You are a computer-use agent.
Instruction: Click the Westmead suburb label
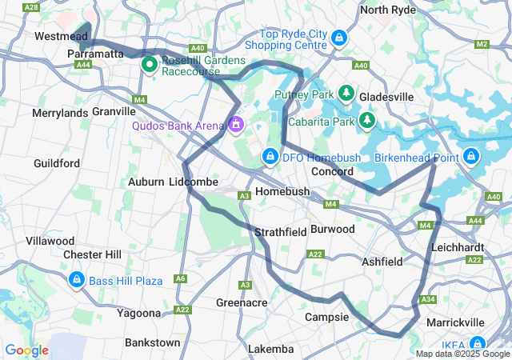62,37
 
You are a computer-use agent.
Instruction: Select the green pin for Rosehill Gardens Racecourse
149,64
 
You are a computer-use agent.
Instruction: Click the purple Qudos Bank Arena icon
236,126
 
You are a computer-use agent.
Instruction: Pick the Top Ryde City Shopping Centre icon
339,37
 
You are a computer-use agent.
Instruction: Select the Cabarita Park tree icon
366,121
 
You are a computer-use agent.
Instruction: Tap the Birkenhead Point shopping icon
471,155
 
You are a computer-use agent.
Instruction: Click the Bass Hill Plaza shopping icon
77,280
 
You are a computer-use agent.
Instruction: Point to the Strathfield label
280,232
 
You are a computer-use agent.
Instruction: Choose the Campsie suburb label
327,317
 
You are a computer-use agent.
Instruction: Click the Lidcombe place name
194,182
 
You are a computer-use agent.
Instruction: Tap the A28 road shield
32,6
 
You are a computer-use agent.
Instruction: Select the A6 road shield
181,279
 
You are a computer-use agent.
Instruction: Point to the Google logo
26,350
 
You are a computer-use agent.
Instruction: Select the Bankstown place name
152,342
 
